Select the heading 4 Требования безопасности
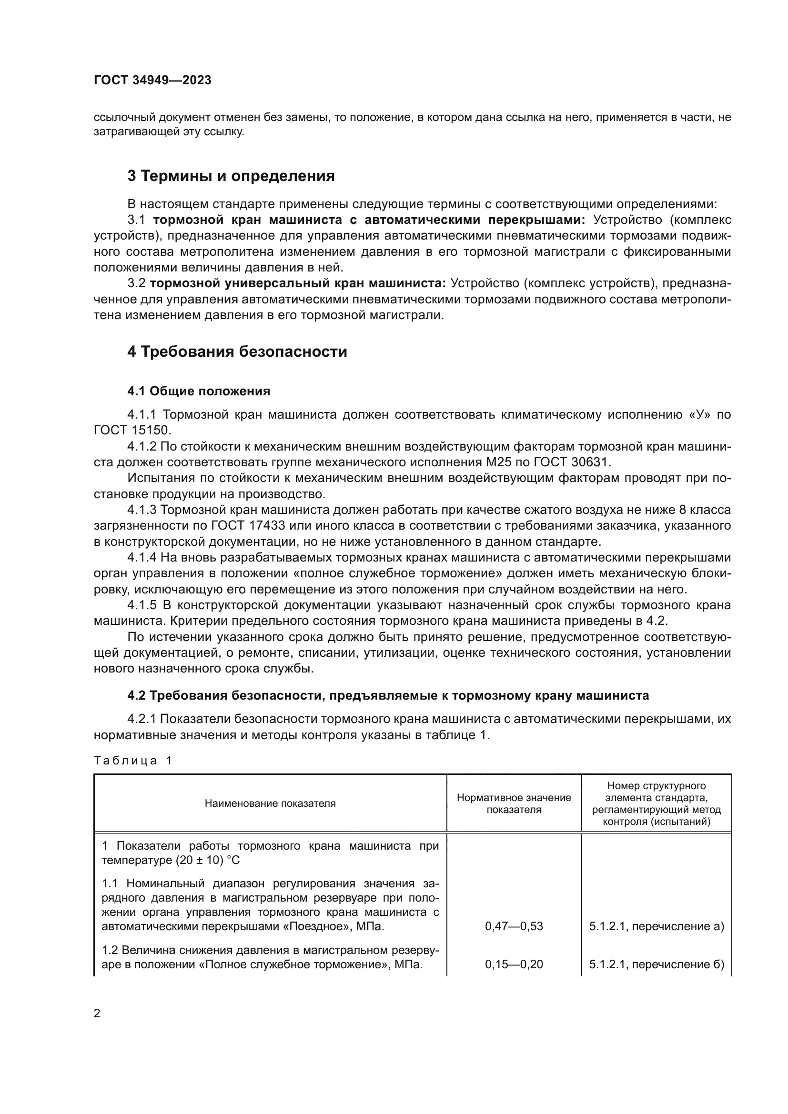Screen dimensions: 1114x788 [237, 352]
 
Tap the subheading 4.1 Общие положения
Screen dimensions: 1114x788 [199, 391]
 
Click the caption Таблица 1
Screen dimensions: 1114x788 [132, 760]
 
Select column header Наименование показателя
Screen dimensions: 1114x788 [270, 803]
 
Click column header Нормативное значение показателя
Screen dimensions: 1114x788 [514, 803]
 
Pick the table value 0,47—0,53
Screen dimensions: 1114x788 [514, 926]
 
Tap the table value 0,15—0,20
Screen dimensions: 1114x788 [514, 964]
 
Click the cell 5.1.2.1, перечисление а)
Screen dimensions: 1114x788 [657, 926]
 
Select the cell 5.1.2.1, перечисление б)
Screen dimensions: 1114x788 [657, 964]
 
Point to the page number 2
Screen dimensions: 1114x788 [97, 1014]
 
